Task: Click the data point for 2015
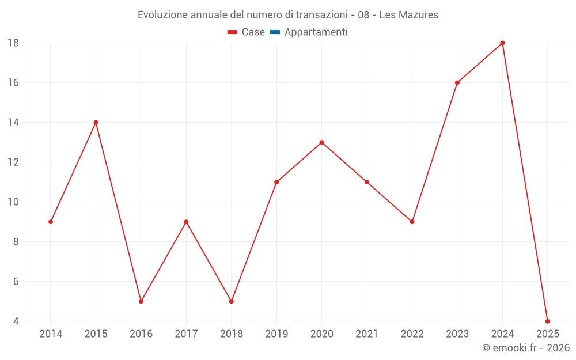pyautogui.click(x=96, y=122)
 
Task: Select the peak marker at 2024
pyautogui.click(x=502, y=43)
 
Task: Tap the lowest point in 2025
pyautogui.click(x=547, y=321)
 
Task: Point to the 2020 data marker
pyautogui.click(x=321, y=142)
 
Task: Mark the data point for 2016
pyautogui.click(x=141, y=301)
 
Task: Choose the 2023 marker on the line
pyautogui.click(x=457, y=82)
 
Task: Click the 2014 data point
pyautogui.click(x=51, y=222)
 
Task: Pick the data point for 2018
pyautogui.click(x=232, y=301)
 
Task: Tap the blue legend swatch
pyautogui.click(x=275, y=32)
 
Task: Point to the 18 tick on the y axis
pyautogui.click(x=13, y=43)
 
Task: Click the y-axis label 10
pyautogui.click(x=13, y=202)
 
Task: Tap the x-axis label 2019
pyautogui.click(x=276, y=334)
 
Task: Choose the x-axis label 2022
pyautogui.click(x=412, y=334)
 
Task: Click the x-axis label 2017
pyautogui.click(x=186, y=334)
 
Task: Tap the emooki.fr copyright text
pyautogui.click(x=526, y=348)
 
